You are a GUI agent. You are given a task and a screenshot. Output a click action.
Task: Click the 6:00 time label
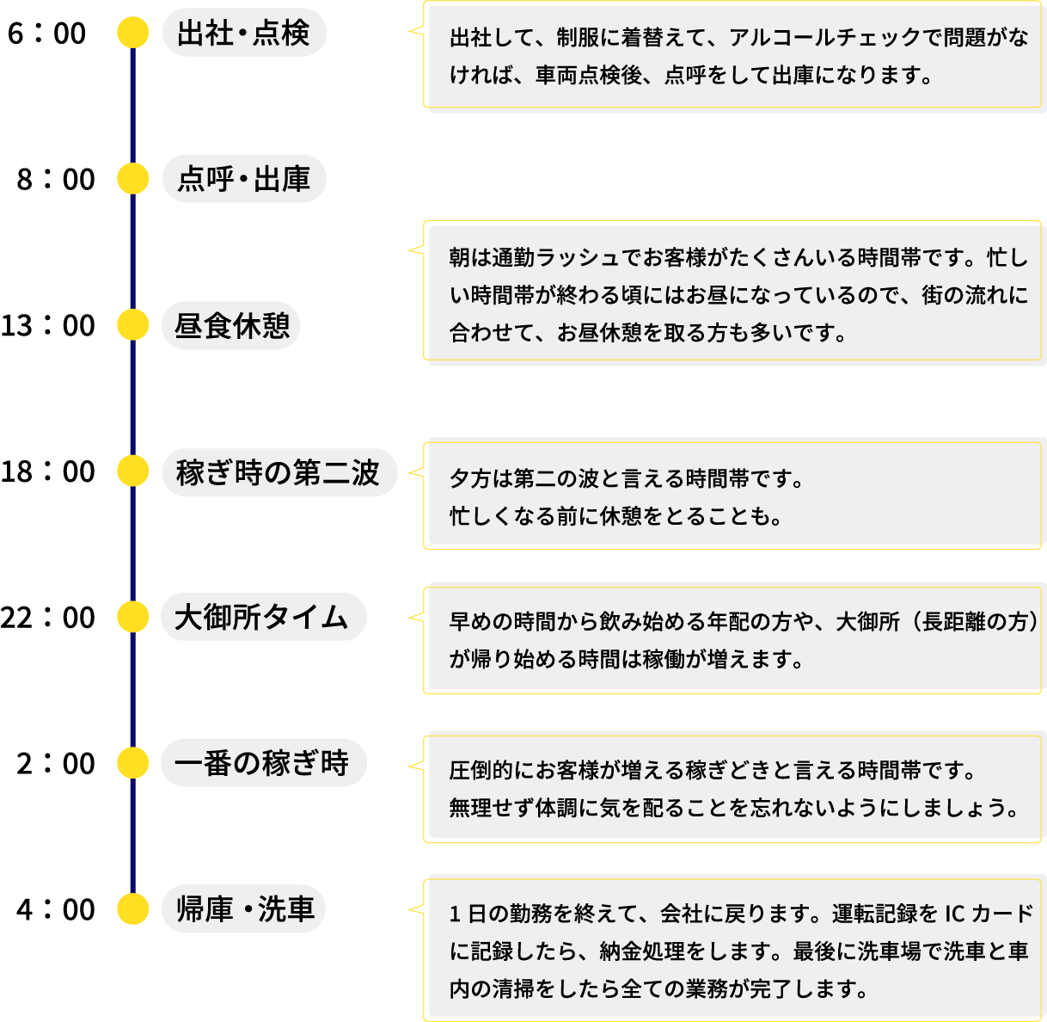[x=47, y=34]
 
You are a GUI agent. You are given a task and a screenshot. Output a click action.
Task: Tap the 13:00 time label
[x=48, y=325]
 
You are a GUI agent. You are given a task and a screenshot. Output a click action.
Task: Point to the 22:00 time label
[x=48, y=617]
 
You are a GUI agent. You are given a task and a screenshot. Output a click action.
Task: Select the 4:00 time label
[x=56, y=909]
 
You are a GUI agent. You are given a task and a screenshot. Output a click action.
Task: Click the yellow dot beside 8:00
[x=132, y=179]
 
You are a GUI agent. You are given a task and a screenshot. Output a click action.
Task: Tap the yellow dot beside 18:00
[x=132, y=471]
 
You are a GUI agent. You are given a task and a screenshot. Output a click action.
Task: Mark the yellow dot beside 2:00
[x=132, y=763]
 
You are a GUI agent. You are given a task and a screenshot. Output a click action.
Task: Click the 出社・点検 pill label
[x=243, y=34]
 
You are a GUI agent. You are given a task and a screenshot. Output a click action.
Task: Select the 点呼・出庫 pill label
[x=243, y=179]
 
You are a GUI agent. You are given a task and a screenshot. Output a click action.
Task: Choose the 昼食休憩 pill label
[x=231, y=325]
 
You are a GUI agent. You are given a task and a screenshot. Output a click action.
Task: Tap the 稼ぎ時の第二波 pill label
[x=279, y=471]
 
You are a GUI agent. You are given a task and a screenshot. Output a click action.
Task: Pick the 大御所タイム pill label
[x=262, y=617]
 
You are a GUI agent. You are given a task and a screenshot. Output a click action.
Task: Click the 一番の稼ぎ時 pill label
[x=262, y=763]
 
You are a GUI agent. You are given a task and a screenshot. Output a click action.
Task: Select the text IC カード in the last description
[x=989, y=913]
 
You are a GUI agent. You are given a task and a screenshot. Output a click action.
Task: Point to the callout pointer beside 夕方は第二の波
[x=415, y=472]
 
